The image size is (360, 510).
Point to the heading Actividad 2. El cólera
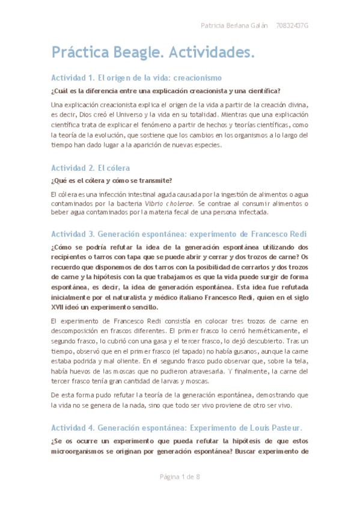click(90, 168)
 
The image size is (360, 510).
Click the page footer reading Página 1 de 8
click(180, 477)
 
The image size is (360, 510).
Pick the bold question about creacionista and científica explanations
click(165, 91)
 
